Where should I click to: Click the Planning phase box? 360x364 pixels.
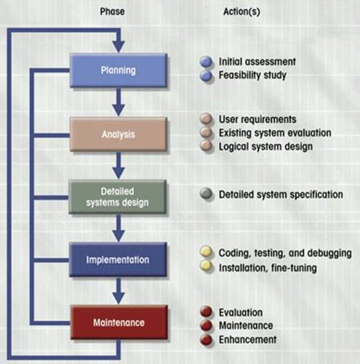tap(119, 70)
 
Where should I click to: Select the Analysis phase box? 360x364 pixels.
tap(119, 135)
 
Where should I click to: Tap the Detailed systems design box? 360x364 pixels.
tap(117, 197)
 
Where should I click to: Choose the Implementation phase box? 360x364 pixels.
tap(118, 259)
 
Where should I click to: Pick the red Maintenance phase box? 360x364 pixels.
tap(119, 322)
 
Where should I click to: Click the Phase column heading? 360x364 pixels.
tap(112, 11)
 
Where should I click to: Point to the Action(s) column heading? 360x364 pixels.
tap(241, 12)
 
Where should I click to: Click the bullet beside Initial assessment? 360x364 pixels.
tap(206, 62)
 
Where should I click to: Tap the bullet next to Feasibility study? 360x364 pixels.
tap(206, 75)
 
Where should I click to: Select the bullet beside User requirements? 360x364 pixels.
tap(206, 119)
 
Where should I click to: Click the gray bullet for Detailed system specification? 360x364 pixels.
tap(206, 194)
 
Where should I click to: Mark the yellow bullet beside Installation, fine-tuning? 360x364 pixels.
tap(206, 266)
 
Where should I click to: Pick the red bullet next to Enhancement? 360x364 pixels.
tap(206, 340)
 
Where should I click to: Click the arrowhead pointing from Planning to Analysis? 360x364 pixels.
tap(119, 110)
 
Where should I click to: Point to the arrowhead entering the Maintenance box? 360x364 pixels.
tap(119, 298)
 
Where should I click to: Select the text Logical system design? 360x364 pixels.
tap(266, 146)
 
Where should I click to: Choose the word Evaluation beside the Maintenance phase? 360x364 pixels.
tap(241, 312)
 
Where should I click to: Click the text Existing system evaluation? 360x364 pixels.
tap(275, 133)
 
